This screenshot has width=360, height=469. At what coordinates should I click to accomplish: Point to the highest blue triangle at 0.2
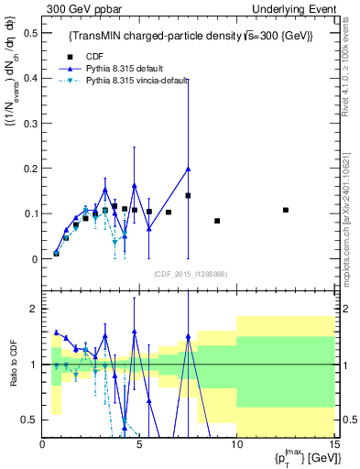click(x=188, y=169)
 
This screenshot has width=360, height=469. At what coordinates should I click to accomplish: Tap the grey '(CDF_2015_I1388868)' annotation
click(x=189, y=274)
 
